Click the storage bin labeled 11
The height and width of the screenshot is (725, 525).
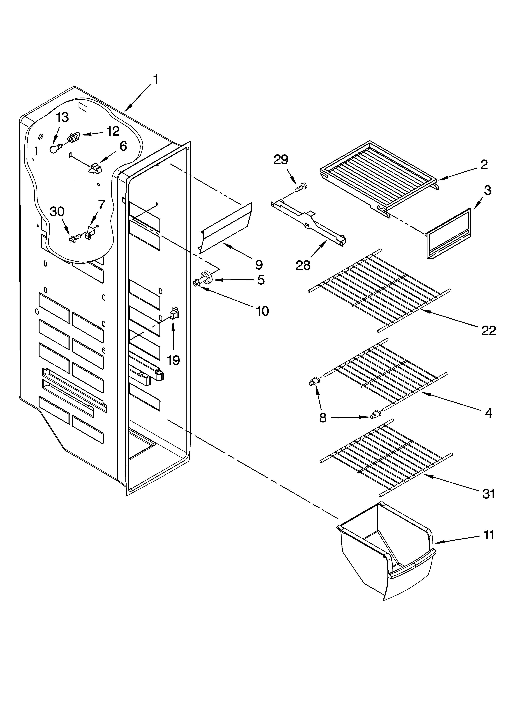tap(387, 563)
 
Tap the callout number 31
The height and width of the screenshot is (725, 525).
tap(489, 494)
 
